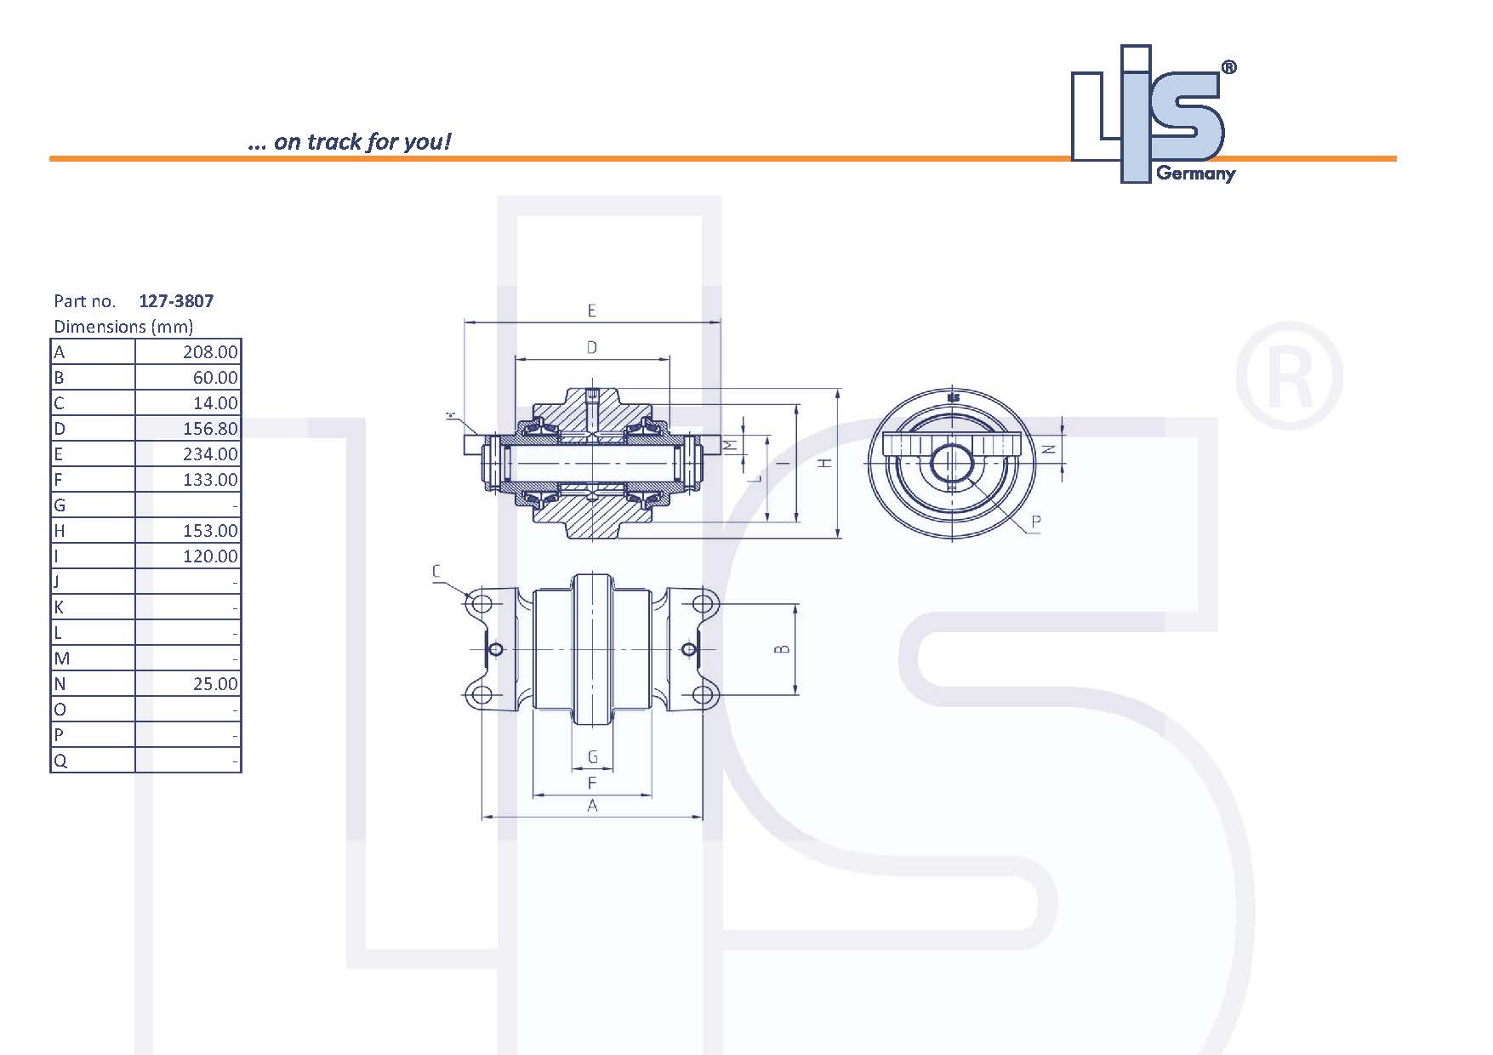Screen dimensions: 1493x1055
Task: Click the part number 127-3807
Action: tap(176, 300)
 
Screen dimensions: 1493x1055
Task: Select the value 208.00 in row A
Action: tap(210, 352)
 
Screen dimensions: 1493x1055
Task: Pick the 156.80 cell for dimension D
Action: tap(210, 429)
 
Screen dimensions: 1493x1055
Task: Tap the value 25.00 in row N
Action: tap(215, 684)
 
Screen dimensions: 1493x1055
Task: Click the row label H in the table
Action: tap(60, 531)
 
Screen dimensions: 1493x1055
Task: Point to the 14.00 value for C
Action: tap(215, 403)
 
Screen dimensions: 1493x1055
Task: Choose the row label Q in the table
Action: tap(60, 761)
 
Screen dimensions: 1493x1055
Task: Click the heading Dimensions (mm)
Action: tap(123, 327)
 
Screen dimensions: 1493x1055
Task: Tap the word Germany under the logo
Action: tap(1195, 174)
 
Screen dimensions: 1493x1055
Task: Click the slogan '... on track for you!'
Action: tap(349, 141)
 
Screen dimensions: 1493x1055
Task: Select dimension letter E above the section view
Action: tap(592, 311)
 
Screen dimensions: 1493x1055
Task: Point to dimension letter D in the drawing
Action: tap(592, 347)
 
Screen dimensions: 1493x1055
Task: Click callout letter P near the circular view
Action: tap(1035, 522)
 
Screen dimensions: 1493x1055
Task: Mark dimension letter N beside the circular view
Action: tap(1049, 448)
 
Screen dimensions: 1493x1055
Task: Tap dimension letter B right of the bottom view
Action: tap(783, 649)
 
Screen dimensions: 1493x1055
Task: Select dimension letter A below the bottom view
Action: tap(592, 805)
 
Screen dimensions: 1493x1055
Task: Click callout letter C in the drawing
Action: tap(436, 571)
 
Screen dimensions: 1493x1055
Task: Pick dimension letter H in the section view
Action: tap(823, 463)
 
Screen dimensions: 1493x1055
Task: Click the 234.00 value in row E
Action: tap(210, 454)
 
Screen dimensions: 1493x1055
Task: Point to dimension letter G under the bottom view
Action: tap(593, 757)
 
